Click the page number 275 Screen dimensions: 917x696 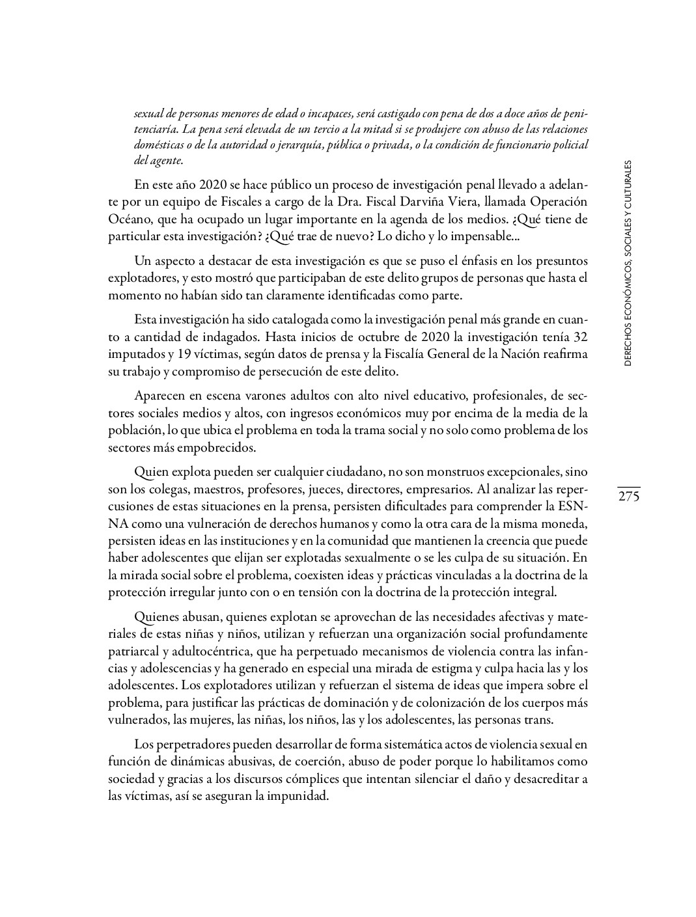[629, 497]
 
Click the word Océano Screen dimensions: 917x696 [129, 219]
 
